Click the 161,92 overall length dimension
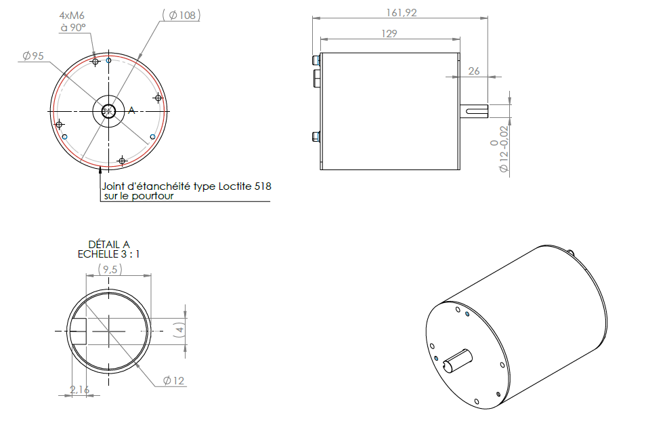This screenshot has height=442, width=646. tap(400, 12)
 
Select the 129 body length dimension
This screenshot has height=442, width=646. tap(389, 33)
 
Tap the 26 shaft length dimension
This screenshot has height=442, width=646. tap(473, 71)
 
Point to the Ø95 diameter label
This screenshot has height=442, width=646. tap(33, 56)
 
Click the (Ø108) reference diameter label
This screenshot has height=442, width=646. tap(181, 15)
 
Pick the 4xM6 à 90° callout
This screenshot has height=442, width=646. tap(72, 21)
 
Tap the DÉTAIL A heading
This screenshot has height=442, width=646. tap(109, 244)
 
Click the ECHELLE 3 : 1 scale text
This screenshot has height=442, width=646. tap(109, 254)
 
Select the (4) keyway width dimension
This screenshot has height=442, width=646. tap(179, 330)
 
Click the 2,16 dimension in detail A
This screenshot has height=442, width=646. tap(80, 390)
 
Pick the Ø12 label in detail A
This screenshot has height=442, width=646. tap(174, 381)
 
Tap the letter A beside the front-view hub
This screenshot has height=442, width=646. tap(132, 110)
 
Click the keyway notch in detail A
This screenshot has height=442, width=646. tap(80, 331)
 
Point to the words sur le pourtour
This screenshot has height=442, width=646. tap(138, 197)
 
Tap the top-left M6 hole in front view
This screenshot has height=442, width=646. tap(95, 62)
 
